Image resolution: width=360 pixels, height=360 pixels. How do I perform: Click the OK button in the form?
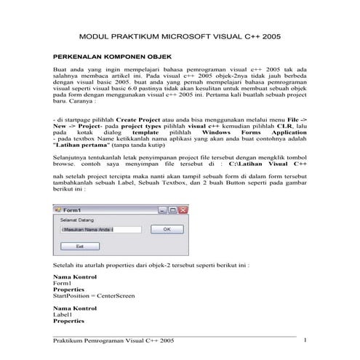[x=167, y=229]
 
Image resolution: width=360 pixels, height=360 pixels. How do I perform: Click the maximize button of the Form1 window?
[x=173, y=210]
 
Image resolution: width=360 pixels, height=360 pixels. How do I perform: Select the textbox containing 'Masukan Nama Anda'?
[x=99, y=229]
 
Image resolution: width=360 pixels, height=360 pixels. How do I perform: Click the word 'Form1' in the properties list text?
[x=64, y=284]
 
